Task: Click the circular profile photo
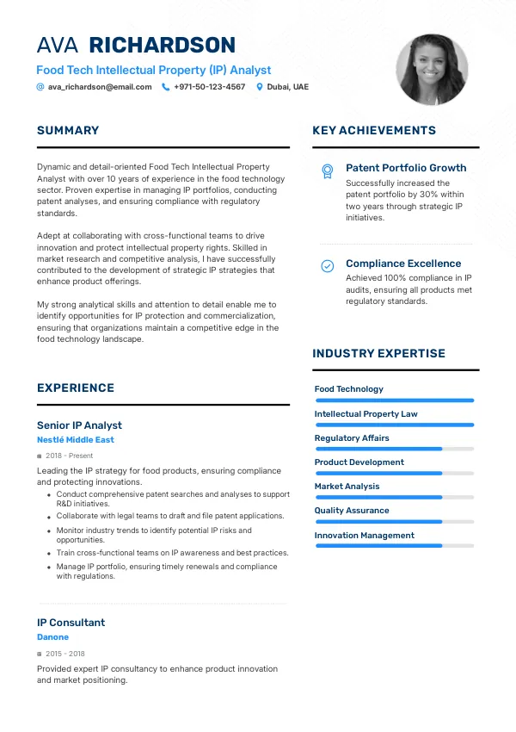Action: point(432,70)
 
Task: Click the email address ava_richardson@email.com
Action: point(100,87)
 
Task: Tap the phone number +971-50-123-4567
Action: point(209,87)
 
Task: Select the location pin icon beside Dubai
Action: point(260,87)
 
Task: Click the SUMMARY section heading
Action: point(68,131)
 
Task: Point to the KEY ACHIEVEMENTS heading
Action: point(374,131)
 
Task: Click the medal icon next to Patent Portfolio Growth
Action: point(328,171)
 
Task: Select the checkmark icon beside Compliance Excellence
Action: point(328,266)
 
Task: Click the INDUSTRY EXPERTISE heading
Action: point(378,354)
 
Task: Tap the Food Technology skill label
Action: point(349,389)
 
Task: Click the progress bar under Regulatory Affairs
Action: point(394,449)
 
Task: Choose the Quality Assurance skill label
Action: point(352,511)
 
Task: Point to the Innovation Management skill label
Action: point(365,536)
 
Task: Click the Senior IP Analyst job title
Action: point(79,425)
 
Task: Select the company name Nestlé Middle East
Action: point(76,440)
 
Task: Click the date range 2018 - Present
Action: point(69,456)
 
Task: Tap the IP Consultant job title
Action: point(71,623)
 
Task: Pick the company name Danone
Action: point(52,637)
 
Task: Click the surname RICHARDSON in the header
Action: point(163,46)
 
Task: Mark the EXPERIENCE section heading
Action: point(76,388)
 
